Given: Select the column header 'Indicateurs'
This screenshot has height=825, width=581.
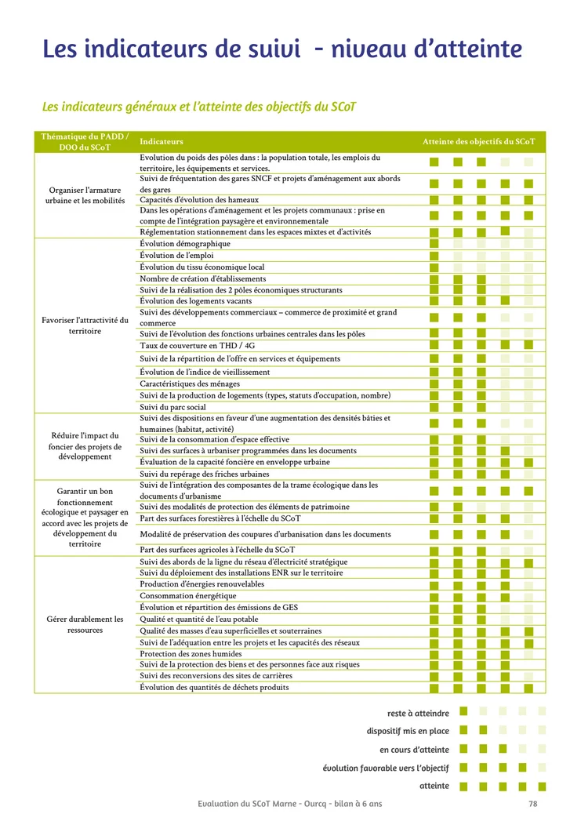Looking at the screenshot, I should (162, 142).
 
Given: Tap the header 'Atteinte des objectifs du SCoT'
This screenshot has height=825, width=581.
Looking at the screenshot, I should (478, 142).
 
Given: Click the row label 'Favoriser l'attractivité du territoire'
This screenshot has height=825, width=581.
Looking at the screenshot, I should (85, 325).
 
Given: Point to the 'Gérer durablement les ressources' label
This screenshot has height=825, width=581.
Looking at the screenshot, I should (85, 624).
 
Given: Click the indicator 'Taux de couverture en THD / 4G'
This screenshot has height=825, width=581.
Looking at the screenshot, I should (197, 346).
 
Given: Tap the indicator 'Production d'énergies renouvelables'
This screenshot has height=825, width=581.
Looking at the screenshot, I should (202, 584).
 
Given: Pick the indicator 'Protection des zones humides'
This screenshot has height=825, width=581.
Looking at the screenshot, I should (191, 654).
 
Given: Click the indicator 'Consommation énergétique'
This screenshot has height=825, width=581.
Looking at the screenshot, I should (187, 596).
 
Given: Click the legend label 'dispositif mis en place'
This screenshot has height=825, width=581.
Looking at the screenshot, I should (408, 731).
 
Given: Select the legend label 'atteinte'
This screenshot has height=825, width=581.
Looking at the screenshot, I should (434, 786).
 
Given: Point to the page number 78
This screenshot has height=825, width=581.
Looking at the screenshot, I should (533, 804).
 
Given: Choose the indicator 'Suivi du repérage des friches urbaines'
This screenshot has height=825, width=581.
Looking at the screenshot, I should (205, 474).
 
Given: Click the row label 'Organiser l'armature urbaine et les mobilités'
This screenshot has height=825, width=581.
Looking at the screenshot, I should (85, 195).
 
